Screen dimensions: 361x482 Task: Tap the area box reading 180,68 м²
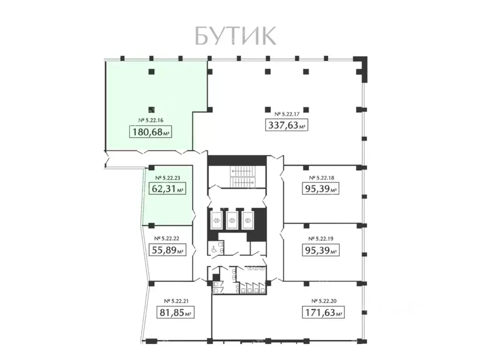150,132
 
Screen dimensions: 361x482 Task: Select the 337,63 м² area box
287,125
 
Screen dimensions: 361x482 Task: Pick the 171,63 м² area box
323,312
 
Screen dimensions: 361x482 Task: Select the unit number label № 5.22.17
287,114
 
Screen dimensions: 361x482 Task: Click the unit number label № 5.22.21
176,300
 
